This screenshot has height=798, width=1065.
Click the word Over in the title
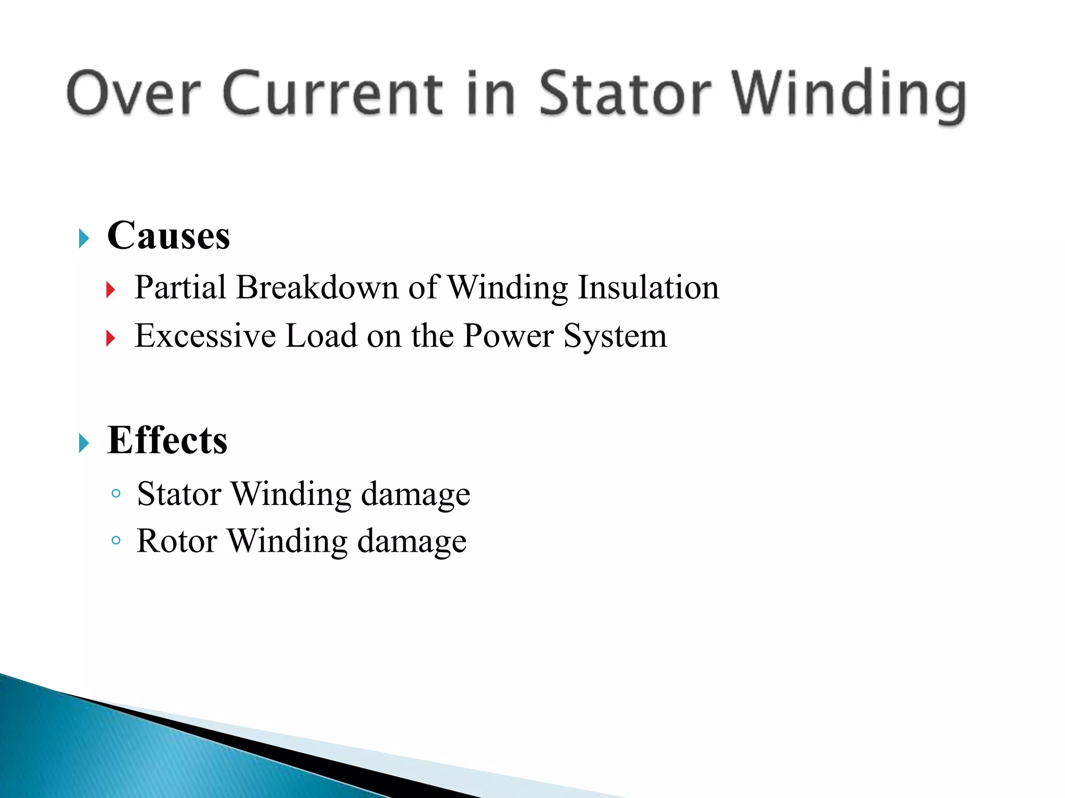[x=134, y=94]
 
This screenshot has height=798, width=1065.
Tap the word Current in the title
[x=333, y=94]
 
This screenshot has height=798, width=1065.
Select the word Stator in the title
[x=624, y=94]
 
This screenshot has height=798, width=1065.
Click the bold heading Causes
[x=168, y=236]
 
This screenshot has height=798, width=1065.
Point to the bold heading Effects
[x=167, y=441]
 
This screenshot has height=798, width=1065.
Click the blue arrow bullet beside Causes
[x=84, y=238]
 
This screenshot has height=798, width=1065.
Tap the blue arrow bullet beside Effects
[x=84, y=443]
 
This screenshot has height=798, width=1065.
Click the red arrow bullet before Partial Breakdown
[x=110, y=290]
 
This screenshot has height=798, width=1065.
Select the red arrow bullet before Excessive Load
[x=110, y=339]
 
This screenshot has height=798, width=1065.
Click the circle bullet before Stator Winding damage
[x=116, y=493]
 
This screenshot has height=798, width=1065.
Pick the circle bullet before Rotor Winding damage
[x=116, y=541]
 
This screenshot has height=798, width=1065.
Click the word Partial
[x=180, y=287]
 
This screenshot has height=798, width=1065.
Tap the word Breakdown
[x=317, y=287]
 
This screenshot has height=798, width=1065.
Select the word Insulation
[x=648, y=287]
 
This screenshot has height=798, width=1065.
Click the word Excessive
[x=205, y=336]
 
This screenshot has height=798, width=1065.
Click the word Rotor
[x=177, y=541]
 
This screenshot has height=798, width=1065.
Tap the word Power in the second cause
[x=508, y=336]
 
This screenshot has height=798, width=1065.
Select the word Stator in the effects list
[x=179, y=494]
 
